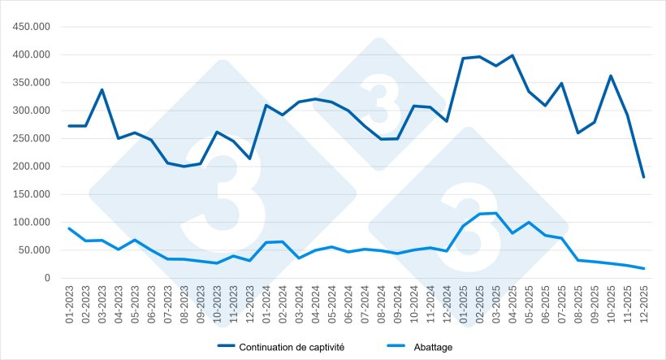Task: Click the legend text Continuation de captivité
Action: tap(292, 347)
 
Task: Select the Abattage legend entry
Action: tap(435, 347)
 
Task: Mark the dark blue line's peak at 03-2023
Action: tap(102, 89)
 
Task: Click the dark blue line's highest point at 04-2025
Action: tap(512, 55)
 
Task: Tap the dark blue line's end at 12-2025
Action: tap(643, 177)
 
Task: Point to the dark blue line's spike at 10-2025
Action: tap(611, 76)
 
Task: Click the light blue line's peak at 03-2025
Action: tap(495, 213)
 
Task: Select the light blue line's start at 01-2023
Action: tap(69, 228)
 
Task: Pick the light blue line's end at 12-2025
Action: tap(643, 268)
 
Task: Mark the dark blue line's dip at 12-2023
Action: tap(249, 158)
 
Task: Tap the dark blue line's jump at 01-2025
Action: tap(463, 59)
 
